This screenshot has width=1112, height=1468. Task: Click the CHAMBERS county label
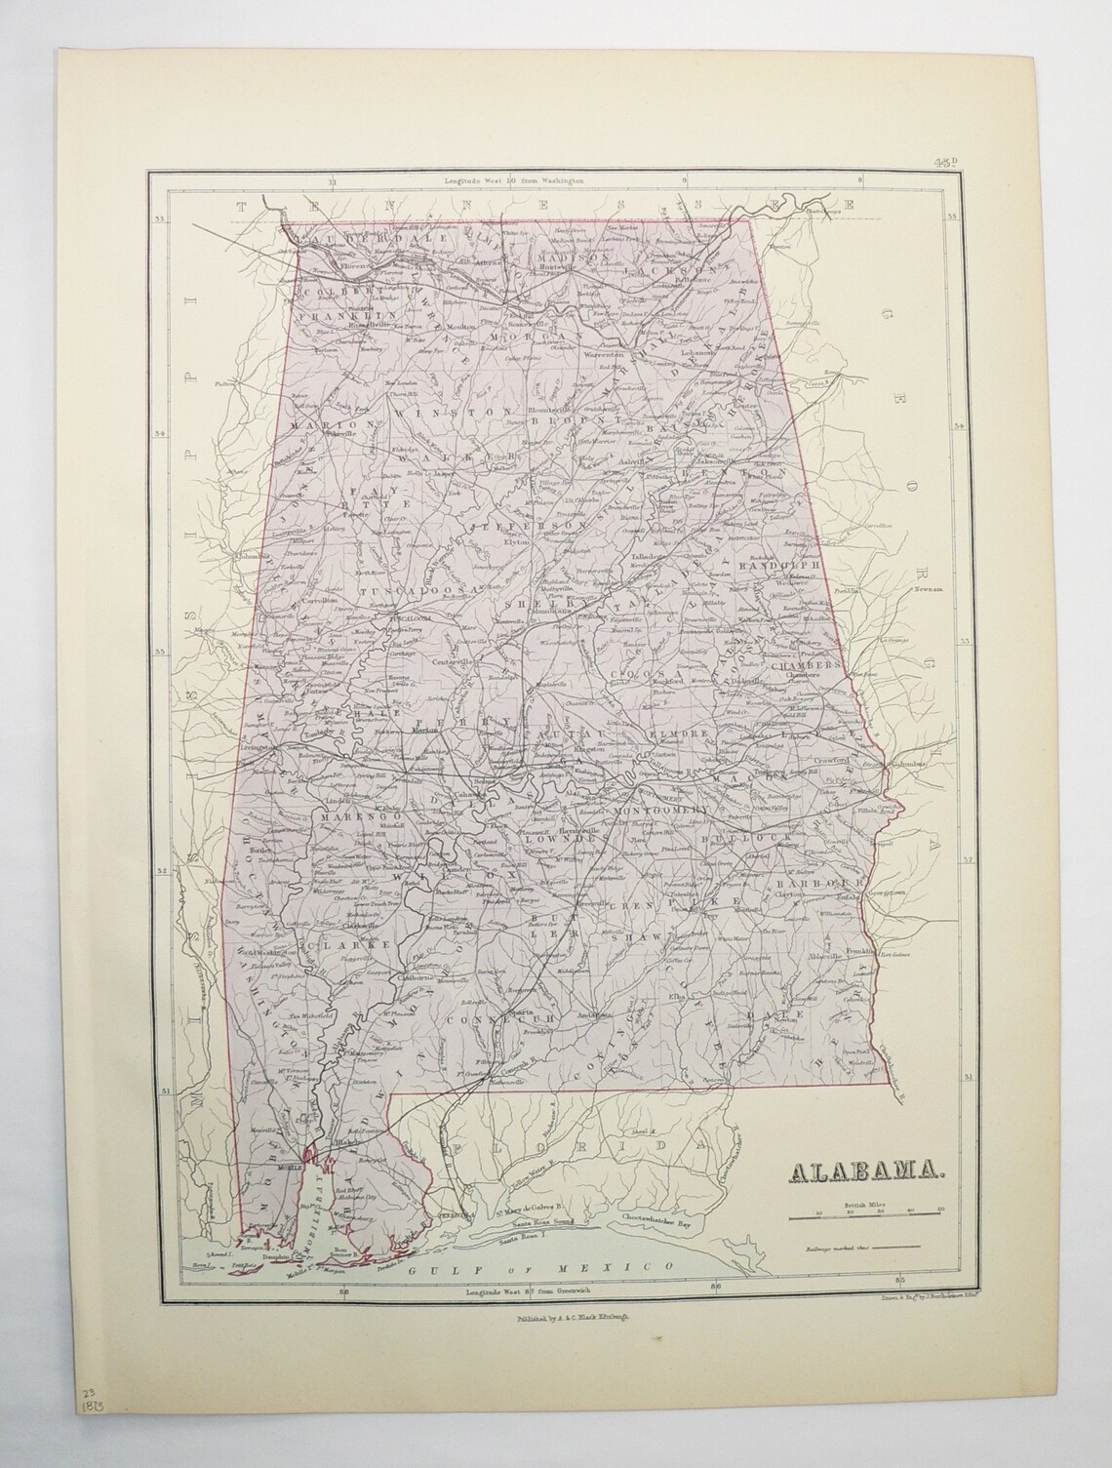click(x=805, y=664)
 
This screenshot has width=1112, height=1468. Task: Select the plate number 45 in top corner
click(x=945, y=163)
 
